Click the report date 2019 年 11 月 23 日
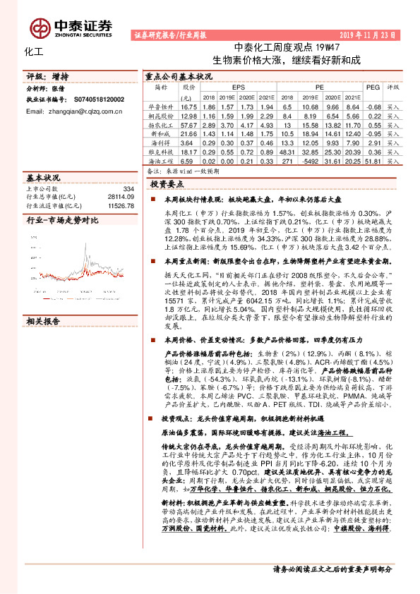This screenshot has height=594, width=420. [366, 34]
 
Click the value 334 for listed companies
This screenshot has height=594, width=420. [128, 188]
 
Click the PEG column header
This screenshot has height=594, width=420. [373, 87]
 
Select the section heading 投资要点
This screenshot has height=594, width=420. [166, 183]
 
